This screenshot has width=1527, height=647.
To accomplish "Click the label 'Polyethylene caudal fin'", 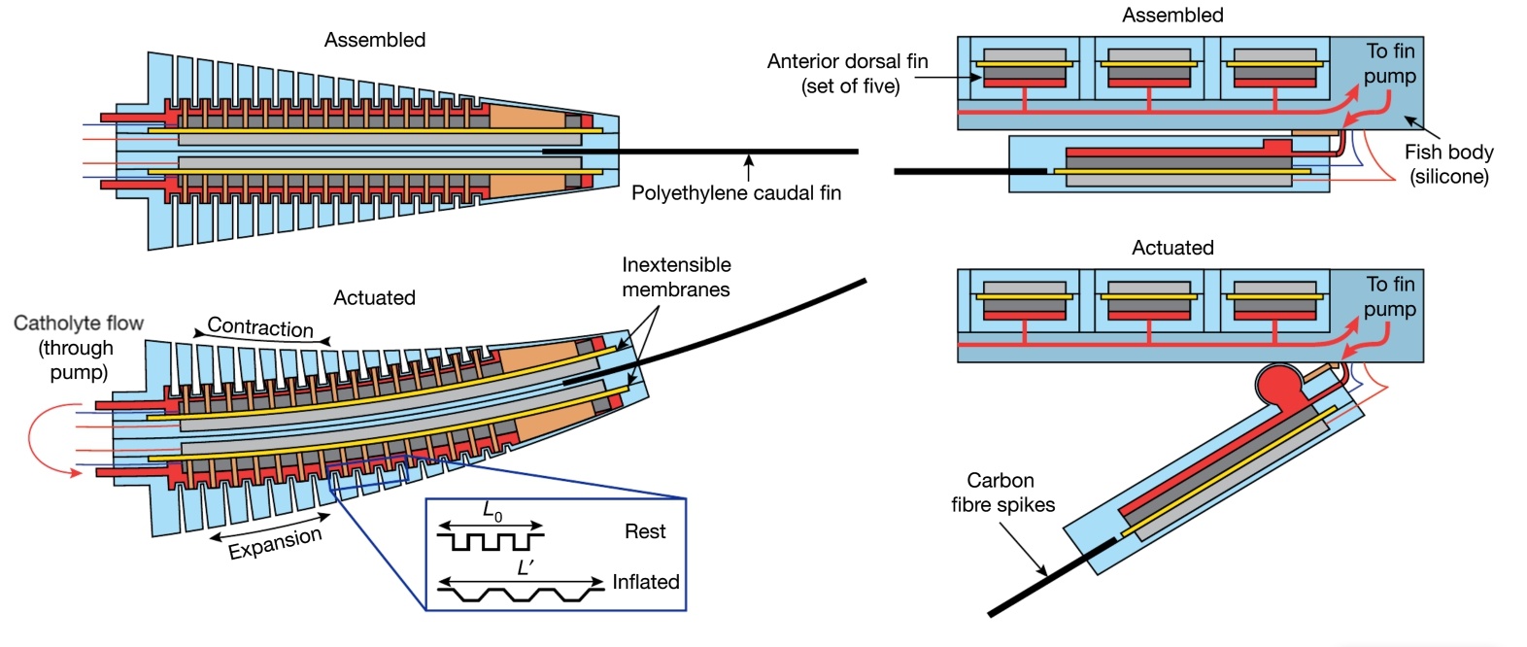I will pos(735,192).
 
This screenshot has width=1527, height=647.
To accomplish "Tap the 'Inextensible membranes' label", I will pos(676,277).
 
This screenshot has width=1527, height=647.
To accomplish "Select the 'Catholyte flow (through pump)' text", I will pos(78,347).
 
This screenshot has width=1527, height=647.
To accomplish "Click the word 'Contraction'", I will pos(260,327).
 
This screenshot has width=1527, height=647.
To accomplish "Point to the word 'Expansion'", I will pos(275,543).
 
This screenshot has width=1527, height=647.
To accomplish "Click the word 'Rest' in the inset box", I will pos(645,531).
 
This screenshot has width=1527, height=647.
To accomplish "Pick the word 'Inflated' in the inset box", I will pos(645,582).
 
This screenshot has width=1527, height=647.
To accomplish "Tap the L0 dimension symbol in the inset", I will pos(492,511).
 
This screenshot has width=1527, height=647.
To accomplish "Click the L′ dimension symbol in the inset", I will pos(525,567).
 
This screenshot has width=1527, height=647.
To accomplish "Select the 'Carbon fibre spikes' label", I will pos(1001,492).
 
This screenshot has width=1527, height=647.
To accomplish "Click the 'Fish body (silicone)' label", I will pos(1448,163).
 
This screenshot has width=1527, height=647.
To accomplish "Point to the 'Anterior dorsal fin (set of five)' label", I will pos(847,73).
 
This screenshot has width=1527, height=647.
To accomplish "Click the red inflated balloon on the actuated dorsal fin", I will pos(1279,385).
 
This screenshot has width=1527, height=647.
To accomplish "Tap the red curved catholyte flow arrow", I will pos(44,442).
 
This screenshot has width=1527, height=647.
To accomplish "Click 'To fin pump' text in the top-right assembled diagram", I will pos(1390,63).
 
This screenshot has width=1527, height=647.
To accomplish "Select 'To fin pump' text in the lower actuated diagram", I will pos(1390,296).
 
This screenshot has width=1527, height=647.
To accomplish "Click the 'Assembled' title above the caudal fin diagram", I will pos(374,40).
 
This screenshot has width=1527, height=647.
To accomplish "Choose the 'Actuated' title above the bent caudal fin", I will pos(374,297).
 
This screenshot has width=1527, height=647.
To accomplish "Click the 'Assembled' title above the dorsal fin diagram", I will pos(1172,15).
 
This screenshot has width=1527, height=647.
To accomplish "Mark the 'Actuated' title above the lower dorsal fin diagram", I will pos(1172,248).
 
